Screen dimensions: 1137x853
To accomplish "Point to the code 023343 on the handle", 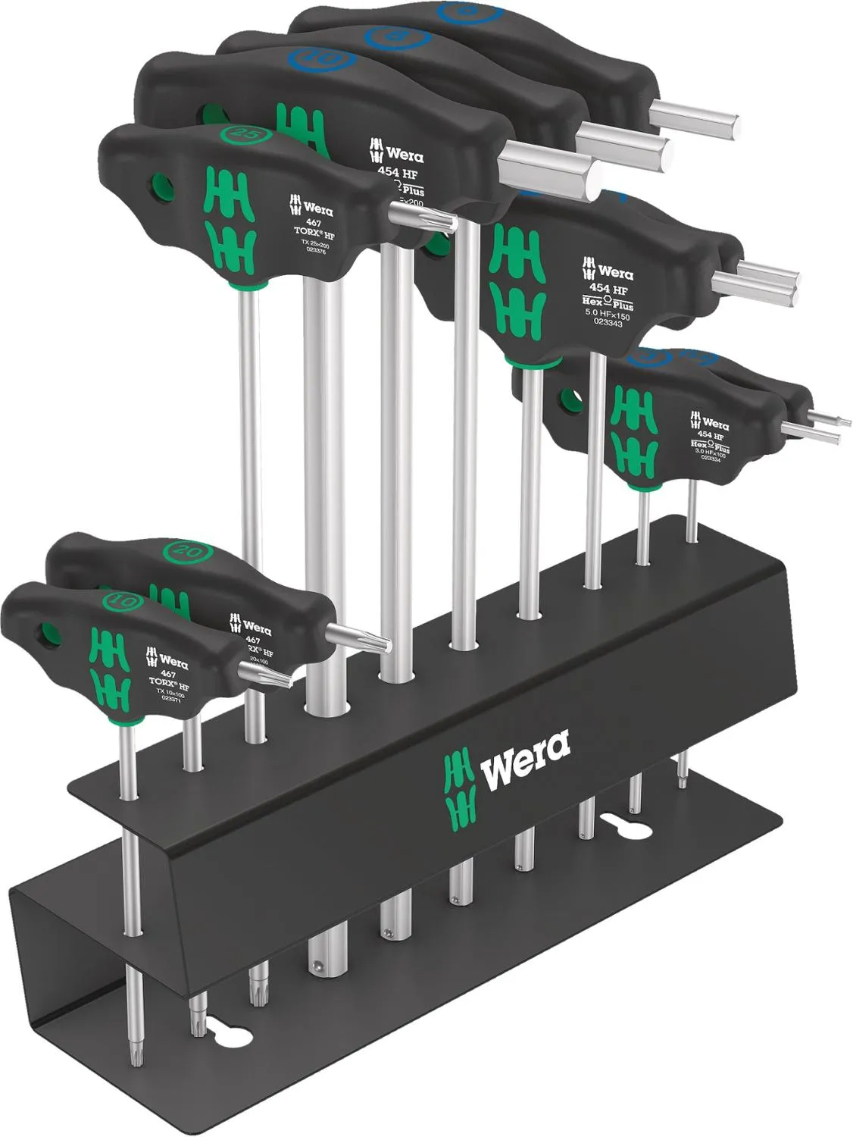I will [x=608, y=322].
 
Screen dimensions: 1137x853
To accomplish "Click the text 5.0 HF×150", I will [x=609, y=311].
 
